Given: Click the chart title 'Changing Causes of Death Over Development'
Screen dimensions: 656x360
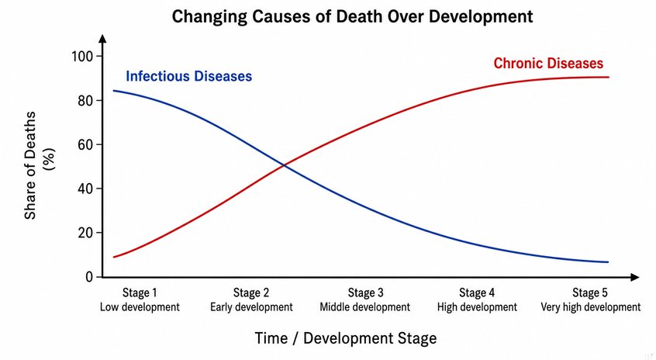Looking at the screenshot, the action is pos(352,17).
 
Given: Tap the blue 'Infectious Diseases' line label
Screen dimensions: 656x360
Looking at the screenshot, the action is pos(188,76).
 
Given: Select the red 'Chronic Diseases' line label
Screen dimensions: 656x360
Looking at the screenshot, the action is pos(548,63).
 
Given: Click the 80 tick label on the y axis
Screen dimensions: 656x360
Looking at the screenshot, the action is pos(85,100).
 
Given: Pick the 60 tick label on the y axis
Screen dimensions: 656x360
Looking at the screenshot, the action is pos(85,144).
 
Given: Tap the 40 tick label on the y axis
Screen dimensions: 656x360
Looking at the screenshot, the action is pos(85,189).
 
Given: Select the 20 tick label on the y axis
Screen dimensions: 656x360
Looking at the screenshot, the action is pos(85,233).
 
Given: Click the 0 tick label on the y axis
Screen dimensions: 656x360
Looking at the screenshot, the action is pos(89,277).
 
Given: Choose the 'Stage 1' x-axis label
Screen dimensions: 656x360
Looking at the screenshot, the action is pos(140,292).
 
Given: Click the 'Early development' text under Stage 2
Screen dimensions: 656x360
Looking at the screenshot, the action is pos(251,307).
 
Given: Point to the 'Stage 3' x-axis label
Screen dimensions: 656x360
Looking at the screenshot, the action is pos(365,292).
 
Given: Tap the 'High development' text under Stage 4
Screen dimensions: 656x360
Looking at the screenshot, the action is pos(477,307).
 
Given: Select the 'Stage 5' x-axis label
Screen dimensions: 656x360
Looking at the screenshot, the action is pos(590,292).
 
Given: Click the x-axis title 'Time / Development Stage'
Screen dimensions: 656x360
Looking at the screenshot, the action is pos(346,338).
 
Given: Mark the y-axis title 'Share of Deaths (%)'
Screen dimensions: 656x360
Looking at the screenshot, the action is pos(39,165).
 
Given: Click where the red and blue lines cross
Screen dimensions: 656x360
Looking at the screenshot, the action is pos(285,166).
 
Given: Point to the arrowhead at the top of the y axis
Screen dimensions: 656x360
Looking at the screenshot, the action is pos(103,39).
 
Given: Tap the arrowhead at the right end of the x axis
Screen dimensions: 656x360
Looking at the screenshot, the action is pos(634,277).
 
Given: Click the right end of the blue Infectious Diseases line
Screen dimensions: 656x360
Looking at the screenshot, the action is pos(608,262).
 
